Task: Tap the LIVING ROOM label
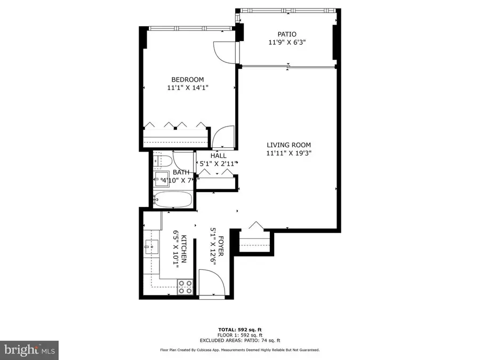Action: (289, 145)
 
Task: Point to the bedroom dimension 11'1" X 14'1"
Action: (187, 88)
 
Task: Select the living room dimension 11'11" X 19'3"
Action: (289, 154)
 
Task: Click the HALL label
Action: (218, 156)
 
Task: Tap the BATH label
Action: (180, 173)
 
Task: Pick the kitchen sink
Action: (151, 247)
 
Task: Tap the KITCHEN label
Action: (183, 249)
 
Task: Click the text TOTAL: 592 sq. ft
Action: (239, 329)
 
